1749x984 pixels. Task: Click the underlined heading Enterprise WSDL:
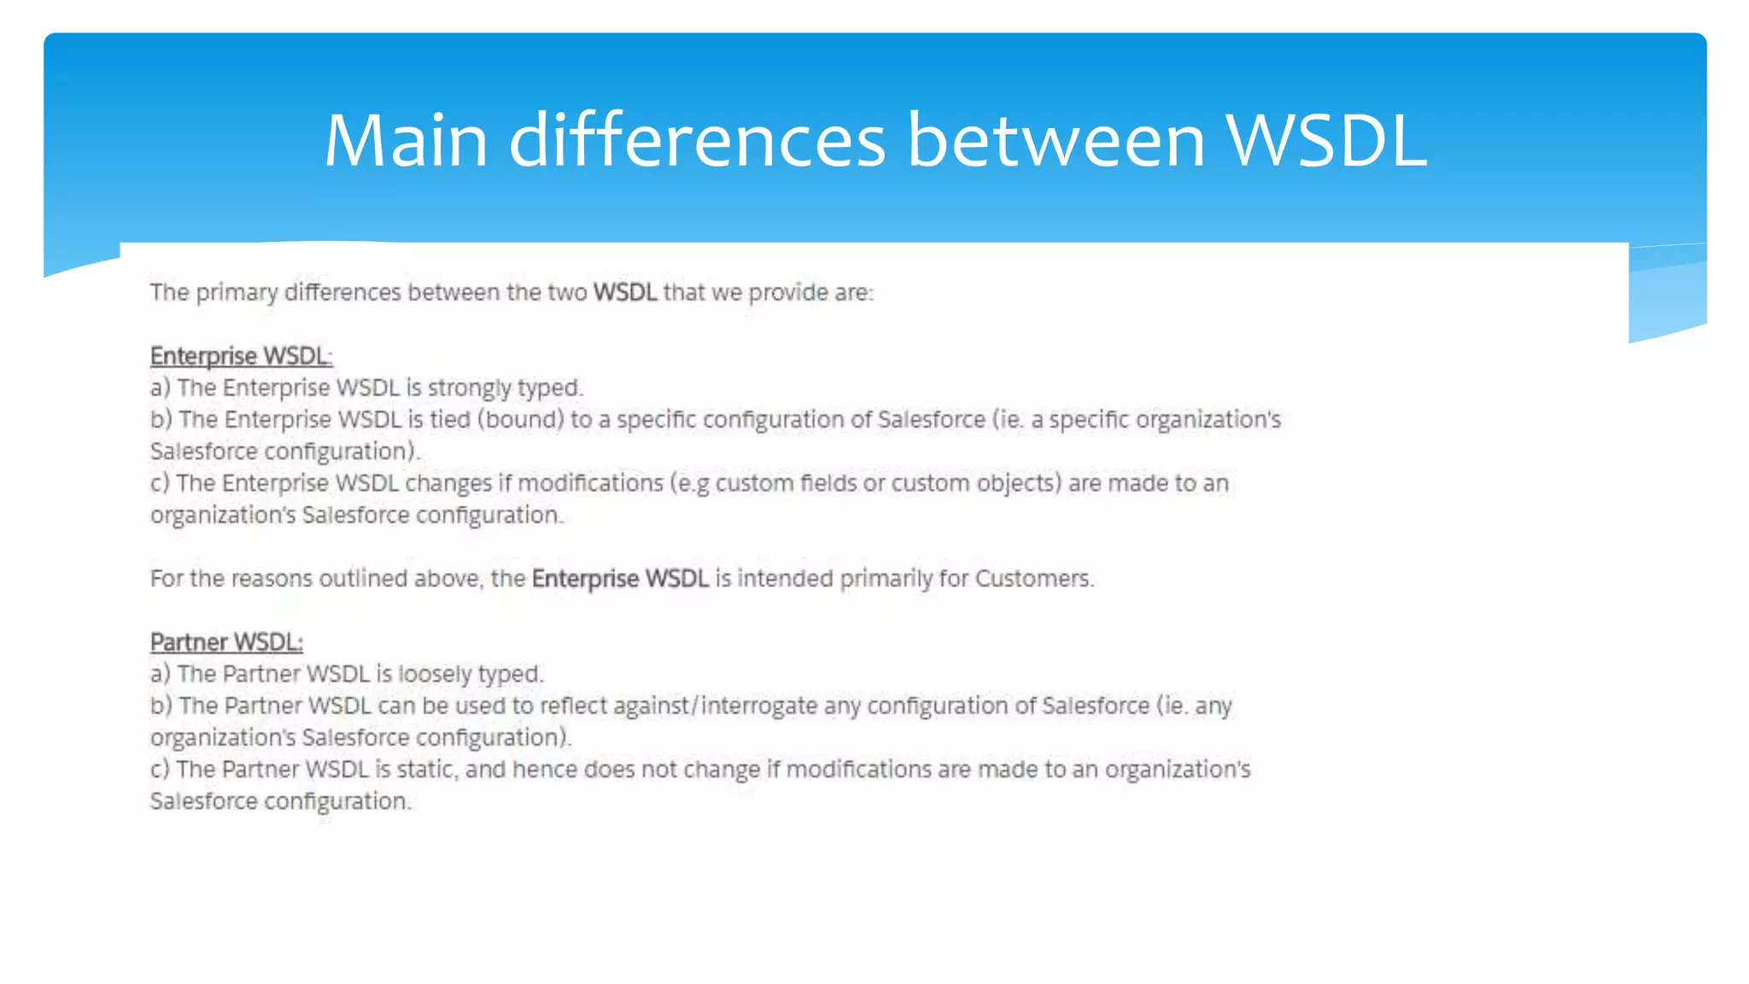[x=241, y=356]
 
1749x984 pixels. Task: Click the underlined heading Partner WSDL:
[x=226, y=642]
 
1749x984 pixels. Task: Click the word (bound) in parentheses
[x=524, y=419]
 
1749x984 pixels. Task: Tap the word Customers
[x=1033, y=579]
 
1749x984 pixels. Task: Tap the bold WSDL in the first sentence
[x=624, y=293]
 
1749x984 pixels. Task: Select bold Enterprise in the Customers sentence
[x=585, y=579]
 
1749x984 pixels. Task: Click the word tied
[x=449, y=419]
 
